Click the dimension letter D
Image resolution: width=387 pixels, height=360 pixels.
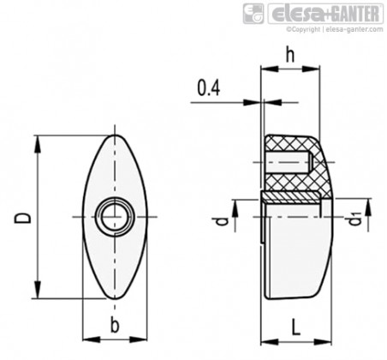point(23,218)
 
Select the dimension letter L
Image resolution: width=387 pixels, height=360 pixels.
point(296,327)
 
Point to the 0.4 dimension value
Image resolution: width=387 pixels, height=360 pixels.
point(209,87)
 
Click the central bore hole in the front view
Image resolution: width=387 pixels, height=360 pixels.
point(115,217)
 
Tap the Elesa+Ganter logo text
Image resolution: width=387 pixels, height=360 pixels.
point(325,14)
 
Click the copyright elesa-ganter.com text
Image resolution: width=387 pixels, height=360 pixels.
point(335,29)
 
